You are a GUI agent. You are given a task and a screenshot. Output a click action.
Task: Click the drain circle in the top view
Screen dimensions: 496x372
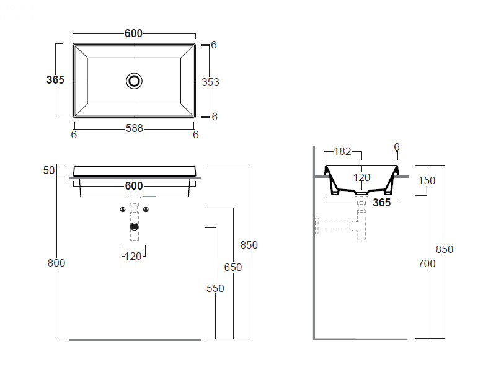tap(134, 81)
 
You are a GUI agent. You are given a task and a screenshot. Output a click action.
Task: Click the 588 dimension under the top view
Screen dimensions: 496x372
tap(135, 128)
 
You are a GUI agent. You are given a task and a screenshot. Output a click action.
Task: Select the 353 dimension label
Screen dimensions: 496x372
tap(210, 82)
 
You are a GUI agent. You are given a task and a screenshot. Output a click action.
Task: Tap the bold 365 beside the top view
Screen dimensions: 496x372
tap(55, 80)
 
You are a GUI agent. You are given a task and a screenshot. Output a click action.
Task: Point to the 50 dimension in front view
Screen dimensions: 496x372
tap(49, 170)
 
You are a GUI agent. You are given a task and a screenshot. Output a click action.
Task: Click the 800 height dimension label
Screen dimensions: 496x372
tap(56, 263)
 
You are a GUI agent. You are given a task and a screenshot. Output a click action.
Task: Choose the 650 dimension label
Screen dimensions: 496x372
tap(233, 267)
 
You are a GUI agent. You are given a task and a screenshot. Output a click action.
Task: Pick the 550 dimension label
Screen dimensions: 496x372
tap(215, 288)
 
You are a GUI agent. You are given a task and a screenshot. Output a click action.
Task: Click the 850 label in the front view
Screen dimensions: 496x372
tap(249, 245)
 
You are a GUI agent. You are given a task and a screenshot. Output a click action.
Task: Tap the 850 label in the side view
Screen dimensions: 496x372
tap(445, 250)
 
